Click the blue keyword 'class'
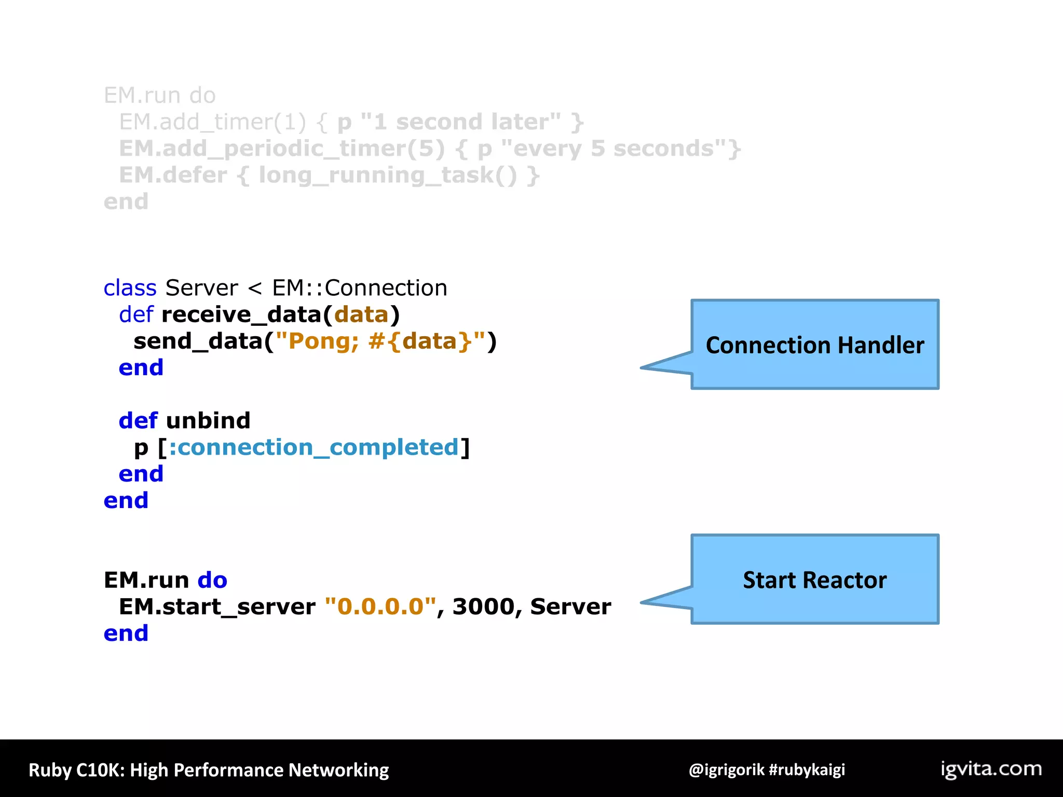tap(130, 288)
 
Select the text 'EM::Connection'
tap(359, 288)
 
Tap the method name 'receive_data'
tap(242, 314)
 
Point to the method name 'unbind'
tap(208, 420)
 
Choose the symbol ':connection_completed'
tap(314, 447)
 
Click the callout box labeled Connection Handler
tap(815, 345)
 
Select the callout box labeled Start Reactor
tap(815, 580)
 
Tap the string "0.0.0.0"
tap(380, 607)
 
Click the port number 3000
tap(483, 607)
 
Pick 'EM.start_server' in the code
tap(217, 607)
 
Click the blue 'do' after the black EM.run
tap(212, 580)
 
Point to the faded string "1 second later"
tap(460, 122)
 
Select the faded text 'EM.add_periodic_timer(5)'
tap(282, 149)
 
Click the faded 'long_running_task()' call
tap(388, 175)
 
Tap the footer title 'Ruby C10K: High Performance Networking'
tap(209, 770)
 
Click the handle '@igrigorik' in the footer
tap(726, 769)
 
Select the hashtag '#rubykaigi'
tap(807, 769)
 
